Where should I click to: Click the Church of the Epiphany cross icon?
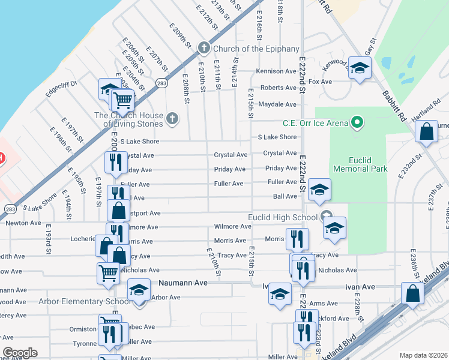[x=203, y=48]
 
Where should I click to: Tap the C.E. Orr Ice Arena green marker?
[x=358, y=123]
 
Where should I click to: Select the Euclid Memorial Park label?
[x=371, y=165]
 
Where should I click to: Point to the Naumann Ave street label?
[x=182, y=282]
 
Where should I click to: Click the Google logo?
[x=20, y=353]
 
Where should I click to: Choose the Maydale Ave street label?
[x=277, y=104]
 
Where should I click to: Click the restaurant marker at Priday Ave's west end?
[x=115, y=162]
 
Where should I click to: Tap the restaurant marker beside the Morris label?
[x=297, y=239]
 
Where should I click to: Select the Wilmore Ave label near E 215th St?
[x=232, y=227]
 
